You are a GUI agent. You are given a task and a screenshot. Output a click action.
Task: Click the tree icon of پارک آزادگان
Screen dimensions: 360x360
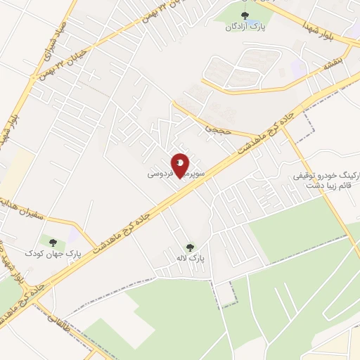[245, 16]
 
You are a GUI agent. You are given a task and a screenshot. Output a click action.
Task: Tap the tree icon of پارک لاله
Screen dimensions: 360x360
[190, 247]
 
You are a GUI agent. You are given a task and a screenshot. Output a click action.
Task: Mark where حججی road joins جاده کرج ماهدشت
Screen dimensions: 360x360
[261, 139]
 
